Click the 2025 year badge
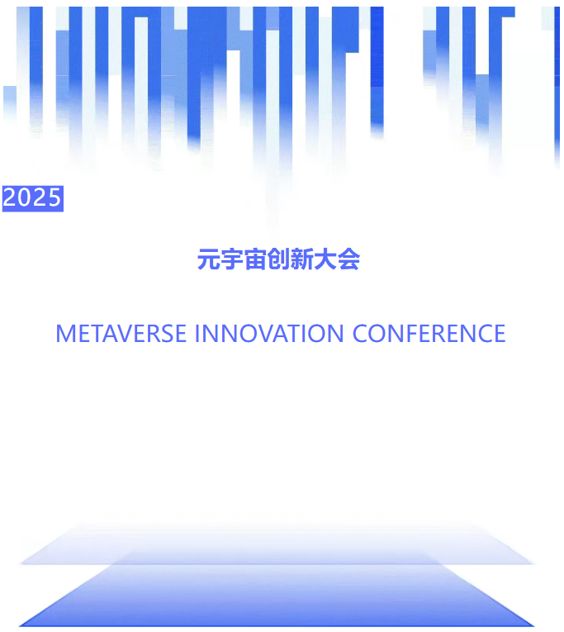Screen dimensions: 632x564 pos(33,198)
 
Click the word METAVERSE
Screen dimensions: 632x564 pos(121,334)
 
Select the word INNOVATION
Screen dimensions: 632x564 pos(269,334)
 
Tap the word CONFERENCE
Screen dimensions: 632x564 pos(429,334)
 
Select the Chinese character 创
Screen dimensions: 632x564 pos(278,260)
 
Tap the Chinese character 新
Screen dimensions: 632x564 pos(302,260)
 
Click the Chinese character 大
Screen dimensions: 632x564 pos(325,260)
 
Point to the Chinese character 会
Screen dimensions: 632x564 pos(349,260)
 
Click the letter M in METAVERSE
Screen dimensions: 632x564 pos(65,334)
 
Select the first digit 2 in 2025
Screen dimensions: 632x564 pos(10,198)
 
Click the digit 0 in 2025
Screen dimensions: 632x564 pos(25,198)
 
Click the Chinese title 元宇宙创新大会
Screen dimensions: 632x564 pos(278,260)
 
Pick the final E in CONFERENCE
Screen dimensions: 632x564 pos(498,334)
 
